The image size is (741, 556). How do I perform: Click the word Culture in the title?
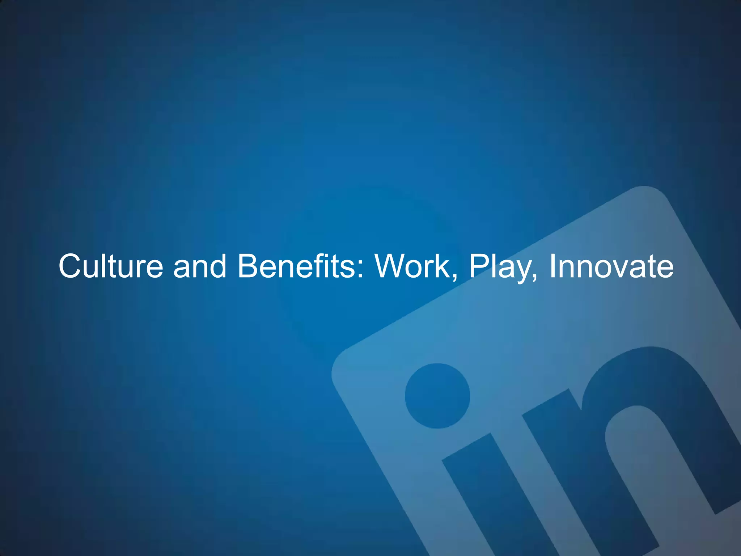[111, 266]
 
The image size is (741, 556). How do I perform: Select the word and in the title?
[200, 266]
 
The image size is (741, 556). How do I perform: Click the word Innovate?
[611, 266]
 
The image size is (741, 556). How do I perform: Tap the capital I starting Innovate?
[552, 266]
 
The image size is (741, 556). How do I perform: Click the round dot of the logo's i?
[437, 396]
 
